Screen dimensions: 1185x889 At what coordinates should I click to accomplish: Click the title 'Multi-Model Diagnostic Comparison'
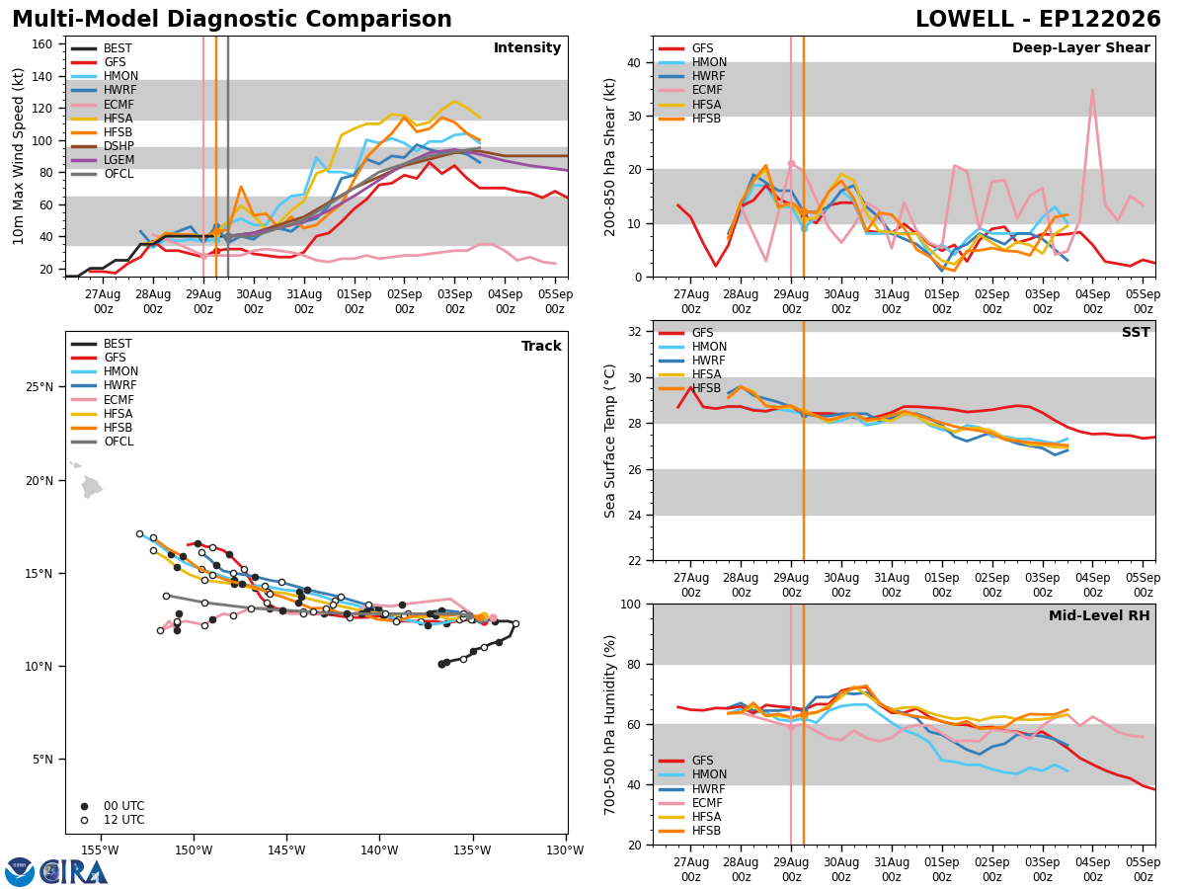pyautogui.click(x=232, y=19)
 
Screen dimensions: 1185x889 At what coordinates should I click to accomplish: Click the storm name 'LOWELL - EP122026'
pyautogui.click(x=1038, y=19)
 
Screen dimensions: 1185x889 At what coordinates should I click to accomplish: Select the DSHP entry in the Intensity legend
pyautogui.click(x=103, y=146)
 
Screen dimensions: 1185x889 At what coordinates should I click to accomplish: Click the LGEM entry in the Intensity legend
pyautogui.click(x=103, y=160)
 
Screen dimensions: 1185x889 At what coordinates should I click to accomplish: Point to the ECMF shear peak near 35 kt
pyautogui.click(x=1092, y=90)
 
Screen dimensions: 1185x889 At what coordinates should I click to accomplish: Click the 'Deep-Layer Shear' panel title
pyautogui.click(x=1080, y=47)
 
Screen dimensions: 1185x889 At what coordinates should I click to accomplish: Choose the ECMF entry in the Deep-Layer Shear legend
pyautogui.click(x=690, y=90)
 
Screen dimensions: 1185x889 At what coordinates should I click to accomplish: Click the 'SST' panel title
pyautogui.click(x=1136, y=332)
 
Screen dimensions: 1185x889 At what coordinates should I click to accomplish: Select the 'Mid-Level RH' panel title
pyautogui.click(x=1099, y=615)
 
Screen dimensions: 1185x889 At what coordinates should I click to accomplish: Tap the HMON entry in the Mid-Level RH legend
pyautogui.click(x=692, y=774)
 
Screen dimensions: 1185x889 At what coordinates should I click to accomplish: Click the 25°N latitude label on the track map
pyautogui.click(x=39, y=387)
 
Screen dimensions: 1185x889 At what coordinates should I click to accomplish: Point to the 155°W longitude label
pyautogui.click(x=101, y=850)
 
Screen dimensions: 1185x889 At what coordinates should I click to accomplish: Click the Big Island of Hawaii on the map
pyautogui.click(x=91, y=486)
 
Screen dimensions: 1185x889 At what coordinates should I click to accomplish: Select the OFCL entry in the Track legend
pyautogui.click(x=102, y=442)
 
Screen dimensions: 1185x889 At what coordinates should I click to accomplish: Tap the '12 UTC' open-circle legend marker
pyautogui.click(x=84, y=820)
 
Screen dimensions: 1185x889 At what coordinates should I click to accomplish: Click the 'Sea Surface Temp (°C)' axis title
pyautogui.click(x=609, y=441)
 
